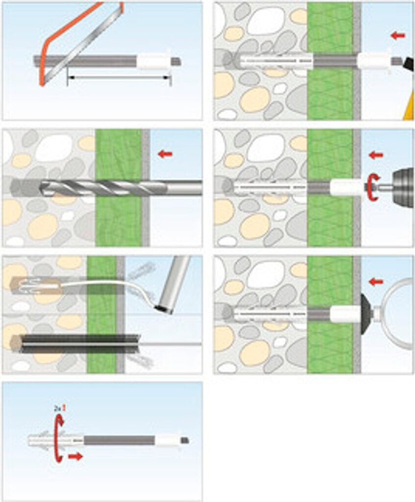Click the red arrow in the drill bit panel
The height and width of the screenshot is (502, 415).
165,154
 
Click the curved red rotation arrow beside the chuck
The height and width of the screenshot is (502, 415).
372,187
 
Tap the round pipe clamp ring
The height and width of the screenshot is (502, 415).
398,313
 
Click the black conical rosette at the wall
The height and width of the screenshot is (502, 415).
366,313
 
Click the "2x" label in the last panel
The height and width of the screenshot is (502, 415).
56,408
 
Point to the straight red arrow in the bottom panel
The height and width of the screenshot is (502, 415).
75,456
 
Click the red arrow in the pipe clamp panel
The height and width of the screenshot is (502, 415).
376,281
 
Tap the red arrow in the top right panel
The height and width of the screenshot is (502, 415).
398,35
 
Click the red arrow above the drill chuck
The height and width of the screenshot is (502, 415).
376,155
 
